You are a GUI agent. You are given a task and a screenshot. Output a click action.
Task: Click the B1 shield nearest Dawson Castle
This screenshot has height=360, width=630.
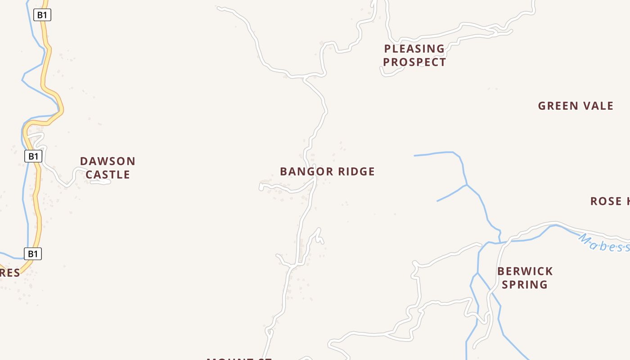[33, 156]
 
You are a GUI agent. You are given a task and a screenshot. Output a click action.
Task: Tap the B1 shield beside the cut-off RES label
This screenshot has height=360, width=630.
[33, 254]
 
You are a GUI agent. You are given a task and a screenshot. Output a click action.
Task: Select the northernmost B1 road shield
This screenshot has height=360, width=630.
[42, 15]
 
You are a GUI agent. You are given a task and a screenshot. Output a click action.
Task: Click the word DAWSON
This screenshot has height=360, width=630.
[108, 161]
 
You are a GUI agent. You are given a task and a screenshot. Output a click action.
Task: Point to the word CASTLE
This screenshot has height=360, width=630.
[108, 175]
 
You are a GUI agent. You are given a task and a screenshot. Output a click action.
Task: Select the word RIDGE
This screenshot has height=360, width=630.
[356, 171]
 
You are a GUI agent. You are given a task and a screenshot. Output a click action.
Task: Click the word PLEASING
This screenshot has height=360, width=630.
[414, 49]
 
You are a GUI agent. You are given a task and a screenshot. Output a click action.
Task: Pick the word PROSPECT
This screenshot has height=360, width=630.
[414, 62]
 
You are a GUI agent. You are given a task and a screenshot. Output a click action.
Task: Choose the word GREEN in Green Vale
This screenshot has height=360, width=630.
[558, 106]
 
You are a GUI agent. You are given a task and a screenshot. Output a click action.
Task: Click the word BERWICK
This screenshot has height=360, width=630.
[525, 271]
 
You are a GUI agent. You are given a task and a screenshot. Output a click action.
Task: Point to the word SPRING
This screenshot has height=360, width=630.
[525, 285]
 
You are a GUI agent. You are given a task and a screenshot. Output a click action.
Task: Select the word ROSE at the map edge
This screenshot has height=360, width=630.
[606, 201]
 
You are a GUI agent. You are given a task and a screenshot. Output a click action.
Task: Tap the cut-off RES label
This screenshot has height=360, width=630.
[10, 273]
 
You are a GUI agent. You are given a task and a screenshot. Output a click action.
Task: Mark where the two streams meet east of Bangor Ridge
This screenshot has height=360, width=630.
[467, 185]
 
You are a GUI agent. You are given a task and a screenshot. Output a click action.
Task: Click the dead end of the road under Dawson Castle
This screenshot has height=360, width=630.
[109, 182]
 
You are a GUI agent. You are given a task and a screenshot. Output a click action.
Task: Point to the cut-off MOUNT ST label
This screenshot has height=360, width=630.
[239, 358]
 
